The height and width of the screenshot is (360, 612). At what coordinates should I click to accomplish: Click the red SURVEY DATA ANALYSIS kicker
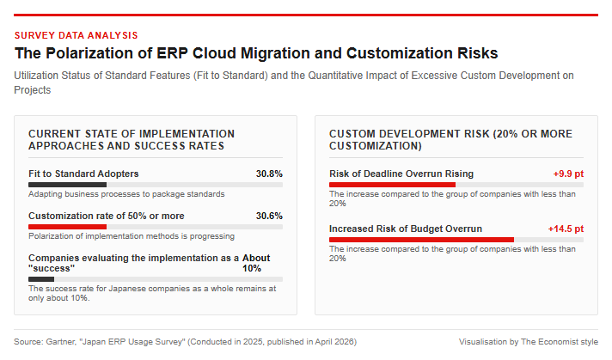(76, 35)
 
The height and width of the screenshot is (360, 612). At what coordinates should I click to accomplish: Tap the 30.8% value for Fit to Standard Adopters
(269, 174)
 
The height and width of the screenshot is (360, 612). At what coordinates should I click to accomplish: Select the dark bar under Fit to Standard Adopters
(68, 185)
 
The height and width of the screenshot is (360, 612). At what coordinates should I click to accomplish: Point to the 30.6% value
(269, 216)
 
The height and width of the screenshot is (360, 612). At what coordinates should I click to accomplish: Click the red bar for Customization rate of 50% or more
(68, 227)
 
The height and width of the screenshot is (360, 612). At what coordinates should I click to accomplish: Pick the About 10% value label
(256, 263)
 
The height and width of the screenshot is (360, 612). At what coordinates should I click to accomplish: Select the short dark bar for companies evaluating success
(41, 279)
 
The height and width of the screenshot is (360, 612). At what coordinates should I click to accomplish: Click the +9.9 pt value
(568, 174)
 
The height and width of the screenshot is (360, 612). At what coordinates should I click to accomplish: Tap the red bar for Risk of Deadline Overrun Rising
(392, 185)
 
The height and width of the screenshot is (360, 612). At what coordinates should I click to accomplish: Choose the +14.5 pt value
(566, 229)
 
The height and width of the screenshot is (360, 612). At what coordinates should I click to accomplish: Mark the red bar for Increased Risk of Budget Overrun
(421, 240)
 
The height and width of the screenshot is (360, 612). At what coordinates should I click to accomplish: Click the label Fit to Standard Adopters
(83, 174)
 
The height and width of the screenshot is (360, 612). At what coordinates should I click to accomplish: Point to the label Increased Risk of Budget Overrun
(406, 229)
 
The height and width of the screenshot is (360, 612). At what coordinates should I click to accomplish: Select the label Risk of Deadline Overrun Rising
(401, 174)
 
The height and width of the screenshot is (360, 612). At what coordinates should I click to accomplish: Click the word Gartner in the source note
(60, 342)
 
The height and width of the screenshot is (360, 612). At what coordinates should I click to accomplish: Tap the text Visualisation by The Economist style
(529, 342)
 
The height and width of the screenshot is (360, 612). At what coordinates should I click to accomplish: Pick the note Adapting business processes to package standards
(126, 194)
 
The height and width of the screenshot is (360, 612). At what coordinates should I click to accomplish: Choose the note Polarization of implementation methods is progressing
(132, 236)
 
